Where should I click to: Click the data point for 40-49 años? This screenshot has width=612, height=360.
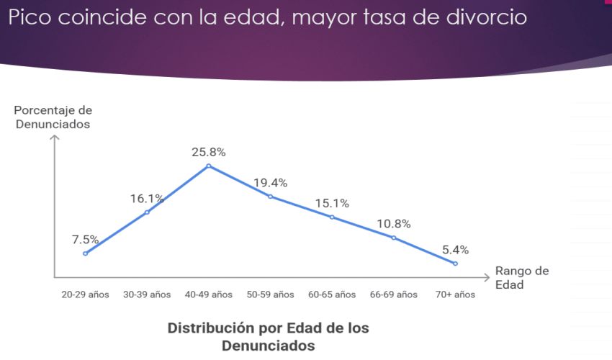point(209,166)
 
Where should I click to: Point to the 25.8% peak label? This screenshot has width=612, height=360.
point(209,152)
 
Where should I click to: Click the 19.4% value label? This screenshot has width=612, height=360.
point(270,183)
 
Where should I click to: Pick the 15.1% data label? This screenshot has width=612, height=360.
point(332,203)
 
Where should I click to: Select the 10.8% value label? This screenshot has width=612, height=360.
point(393,224)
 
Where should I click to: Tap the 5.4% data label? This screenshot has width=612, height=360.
point(455,250)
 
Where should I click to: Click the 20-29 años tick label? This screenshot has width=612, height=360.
point(85,294)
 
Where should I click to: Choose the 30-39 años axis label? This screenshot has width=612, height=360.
point(147,294)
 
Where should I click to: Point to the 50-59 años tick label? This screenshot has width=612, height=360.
point(270,294)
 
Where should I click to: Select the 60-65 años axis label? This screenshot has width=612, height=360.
point(332,294)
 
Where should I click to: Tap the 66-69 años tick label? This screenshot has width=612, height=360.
point(393,294)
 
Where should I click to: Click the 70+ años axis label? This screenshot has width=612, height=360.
point(455,294)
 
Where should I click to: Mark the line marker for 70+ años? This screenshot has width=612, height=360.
point(455,264)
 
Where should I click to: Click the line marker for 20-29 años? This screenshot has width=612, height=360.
point(85,253)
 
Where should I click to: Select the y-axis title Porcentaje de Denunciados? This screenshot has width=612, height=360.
point(53,117)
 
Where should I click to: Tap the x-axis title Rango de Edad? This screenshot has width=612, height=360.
point(521,277)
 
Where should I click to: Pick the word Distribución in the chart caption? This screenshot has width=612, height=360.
point(209,328)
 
